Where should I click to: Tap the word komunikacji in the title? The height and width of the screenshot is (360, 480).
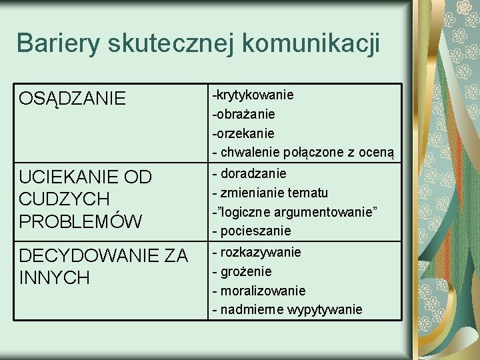311,43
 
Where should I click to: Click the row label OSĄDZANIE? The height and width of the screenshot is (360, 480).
73,99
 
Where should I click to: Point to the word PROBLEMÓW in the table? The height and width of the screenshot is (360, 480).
81,221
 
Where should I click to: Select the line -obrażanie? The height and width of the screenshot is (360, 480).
243,115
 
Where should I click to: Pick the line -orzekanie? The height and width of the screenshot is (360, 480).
243,133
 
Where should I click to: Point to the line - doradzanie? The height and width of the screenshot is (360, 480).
249,173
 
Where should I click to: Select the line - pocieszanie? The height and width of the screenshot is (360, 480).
251,231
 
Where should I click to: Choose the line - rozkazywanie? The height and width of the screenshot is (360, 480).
256,252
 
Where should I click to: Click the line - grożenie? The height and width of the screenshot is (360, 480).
241,271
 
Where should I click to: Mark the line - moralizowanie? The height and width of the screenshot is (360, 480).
259,291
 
